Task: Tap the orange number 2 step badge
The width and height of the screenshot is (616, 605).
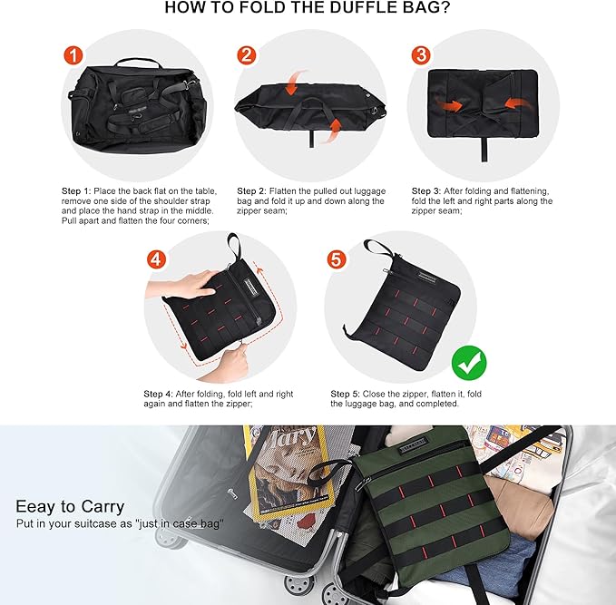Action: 246,55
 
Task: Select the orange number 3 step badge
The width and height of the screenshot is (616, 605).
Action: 420,55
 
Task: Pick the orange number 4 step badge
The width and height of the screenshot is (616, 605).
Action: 157,259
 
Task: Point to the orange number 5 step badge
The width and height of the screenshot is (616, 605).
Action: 336,259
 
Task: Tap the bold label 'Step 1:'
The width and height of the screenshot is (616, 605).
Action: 76,191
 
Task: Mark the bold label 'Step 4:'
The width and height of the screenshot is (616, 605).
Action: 159,395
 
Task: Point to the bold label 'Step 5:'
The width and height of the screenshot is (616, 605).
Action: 346,395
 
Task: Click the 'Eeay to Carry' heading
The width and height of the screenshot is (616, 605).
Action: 70,506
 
